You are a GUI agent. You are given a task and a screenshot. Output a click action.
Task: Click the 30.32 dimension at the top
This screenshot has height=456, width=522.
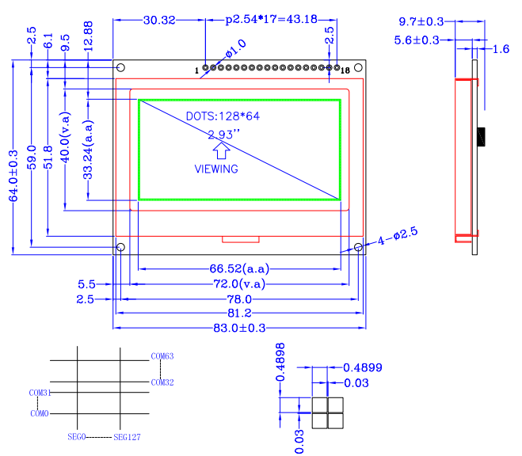click(x=159, y=21)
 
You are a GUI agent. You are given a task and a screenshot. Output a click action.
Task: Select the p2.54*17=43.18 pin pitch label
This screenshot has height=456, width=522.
click(x=272, y=19)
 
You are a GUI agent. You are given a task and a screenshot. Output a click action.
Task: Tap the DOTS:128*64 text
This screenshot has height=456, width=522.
click(x=223, y=116)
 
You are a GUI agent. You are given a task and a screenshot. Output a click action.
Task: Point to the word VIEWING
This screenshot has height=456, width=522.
click(x=216, y=169)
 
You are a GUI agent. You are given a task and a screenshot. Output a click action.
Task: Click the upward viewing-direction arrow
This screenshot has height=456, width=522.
click(x=221, y=150)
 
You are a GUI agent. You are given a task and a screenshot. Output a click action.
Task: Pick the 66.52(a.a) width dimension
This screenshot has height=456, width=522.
click(x=239, y=268)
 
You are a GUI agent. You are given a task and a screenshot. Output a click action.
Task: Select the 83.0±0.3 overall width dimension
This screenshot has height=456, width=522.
click(x=239, y=328)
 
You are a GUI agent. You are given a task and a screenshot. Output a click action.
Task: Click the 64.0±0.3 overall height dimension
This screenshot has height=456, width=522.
click(x=13, y=176)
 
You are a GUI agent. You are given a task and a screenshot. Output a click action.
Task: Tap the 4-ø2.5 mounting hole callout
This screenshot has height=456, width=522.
click(x=398, y=236)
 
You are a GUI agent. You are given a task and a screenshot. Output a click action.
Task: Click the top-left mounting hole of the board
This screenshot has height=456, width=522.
click(x=120, y=67)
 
